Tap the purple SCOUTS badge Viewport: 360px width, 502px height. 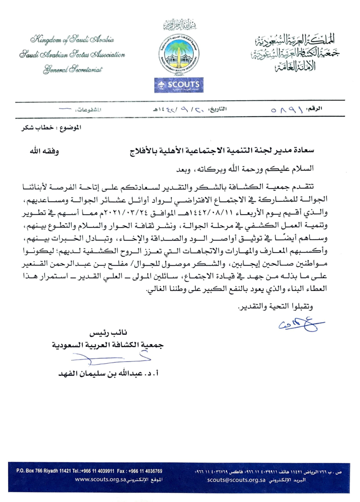[180, 84]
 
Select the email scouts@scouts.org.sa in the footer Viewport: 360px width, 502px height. [237, 479]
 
